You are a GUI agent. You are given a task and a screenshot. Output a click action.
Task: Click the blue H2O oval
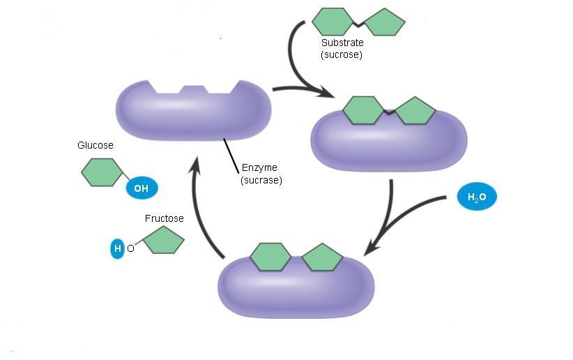tap(477, 198)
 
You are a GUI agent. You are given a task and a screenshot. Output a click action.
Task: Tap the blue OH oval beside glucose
tap(142, 188)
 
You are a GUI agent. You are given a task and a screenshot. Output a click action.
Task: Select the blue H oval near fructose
tap(117, 248)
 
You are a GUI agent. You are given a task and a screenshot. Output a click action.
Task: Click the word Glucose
tap(95, 146)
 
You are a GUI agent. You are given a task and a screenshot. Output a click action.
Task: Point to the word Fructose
tap(165, 218)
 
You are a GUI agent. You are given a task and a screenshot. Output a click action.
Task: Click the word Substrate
tap(342, 43)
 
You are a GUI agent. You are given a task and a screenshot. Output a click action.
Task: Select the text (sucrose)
tap(342, 54)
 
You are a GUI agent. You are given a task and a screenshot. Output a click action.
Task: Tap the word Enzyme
tap(260, 167)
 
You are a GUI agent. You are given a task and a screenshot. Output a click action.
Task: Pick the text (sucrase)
tap(261, 180)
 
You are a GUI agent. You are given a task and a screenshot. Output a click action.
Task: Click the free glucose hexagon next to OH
tap(101, 172)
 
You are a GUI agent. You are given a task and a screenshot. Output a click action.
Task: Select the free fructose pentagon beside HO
tap(164, 241)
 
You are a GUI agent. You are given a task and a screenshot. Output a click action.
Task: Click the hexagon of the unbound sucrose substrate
tap(333, 22)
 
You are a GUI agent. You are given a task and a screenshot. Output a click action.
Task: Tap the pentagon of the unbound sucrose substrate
tap(383, 22)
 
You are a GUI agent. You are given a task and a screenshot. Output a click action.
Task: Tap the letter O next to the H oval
tap(130, 248)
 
